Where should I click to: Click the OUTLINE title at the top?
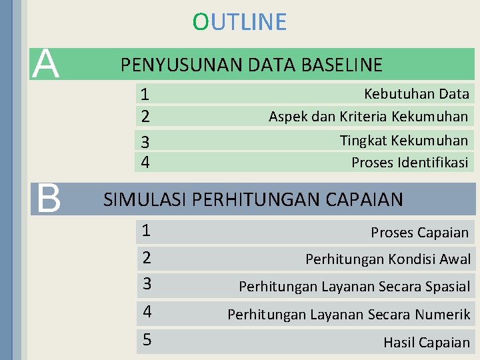coord(239,22)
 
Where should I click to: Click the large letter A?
coord(47,64)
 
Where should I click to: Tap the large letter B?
coord(47,198)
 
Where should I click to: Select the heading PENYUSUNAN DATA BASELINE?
coord(251,65)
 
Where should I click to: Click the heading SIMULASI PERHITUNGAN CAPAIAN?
coord(253,199)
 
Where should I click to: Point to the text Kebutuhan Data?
coord(416,94)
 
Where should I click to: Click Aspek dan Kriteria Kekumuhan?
coord(368,117)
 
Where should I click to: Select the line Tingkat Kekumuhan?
coord(403,140)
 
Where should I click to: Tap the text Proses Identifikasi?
coord(409,162)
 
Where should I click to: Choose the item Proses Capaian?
coord(419,232)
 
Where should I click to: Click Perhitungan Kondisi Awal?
coord(387,259)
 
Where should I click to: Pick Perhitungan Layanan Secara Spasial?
coord(354,287)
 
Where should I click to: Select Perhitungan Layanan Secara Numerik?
coord(349,314)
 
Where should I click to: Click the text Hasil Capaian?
coord(426,343)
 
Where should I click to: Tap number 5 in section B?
coord(147,340)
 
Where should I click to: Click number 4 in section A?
coord(145,162)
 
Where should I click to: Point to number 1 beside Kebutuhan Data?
coord(145,95)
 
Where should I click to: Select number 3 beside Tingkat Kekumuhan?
coord(145,142)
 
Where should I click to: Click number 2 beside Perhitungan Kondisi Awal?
coord(147,257)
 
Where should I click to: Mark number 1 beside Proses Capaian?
coord(146,231)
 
